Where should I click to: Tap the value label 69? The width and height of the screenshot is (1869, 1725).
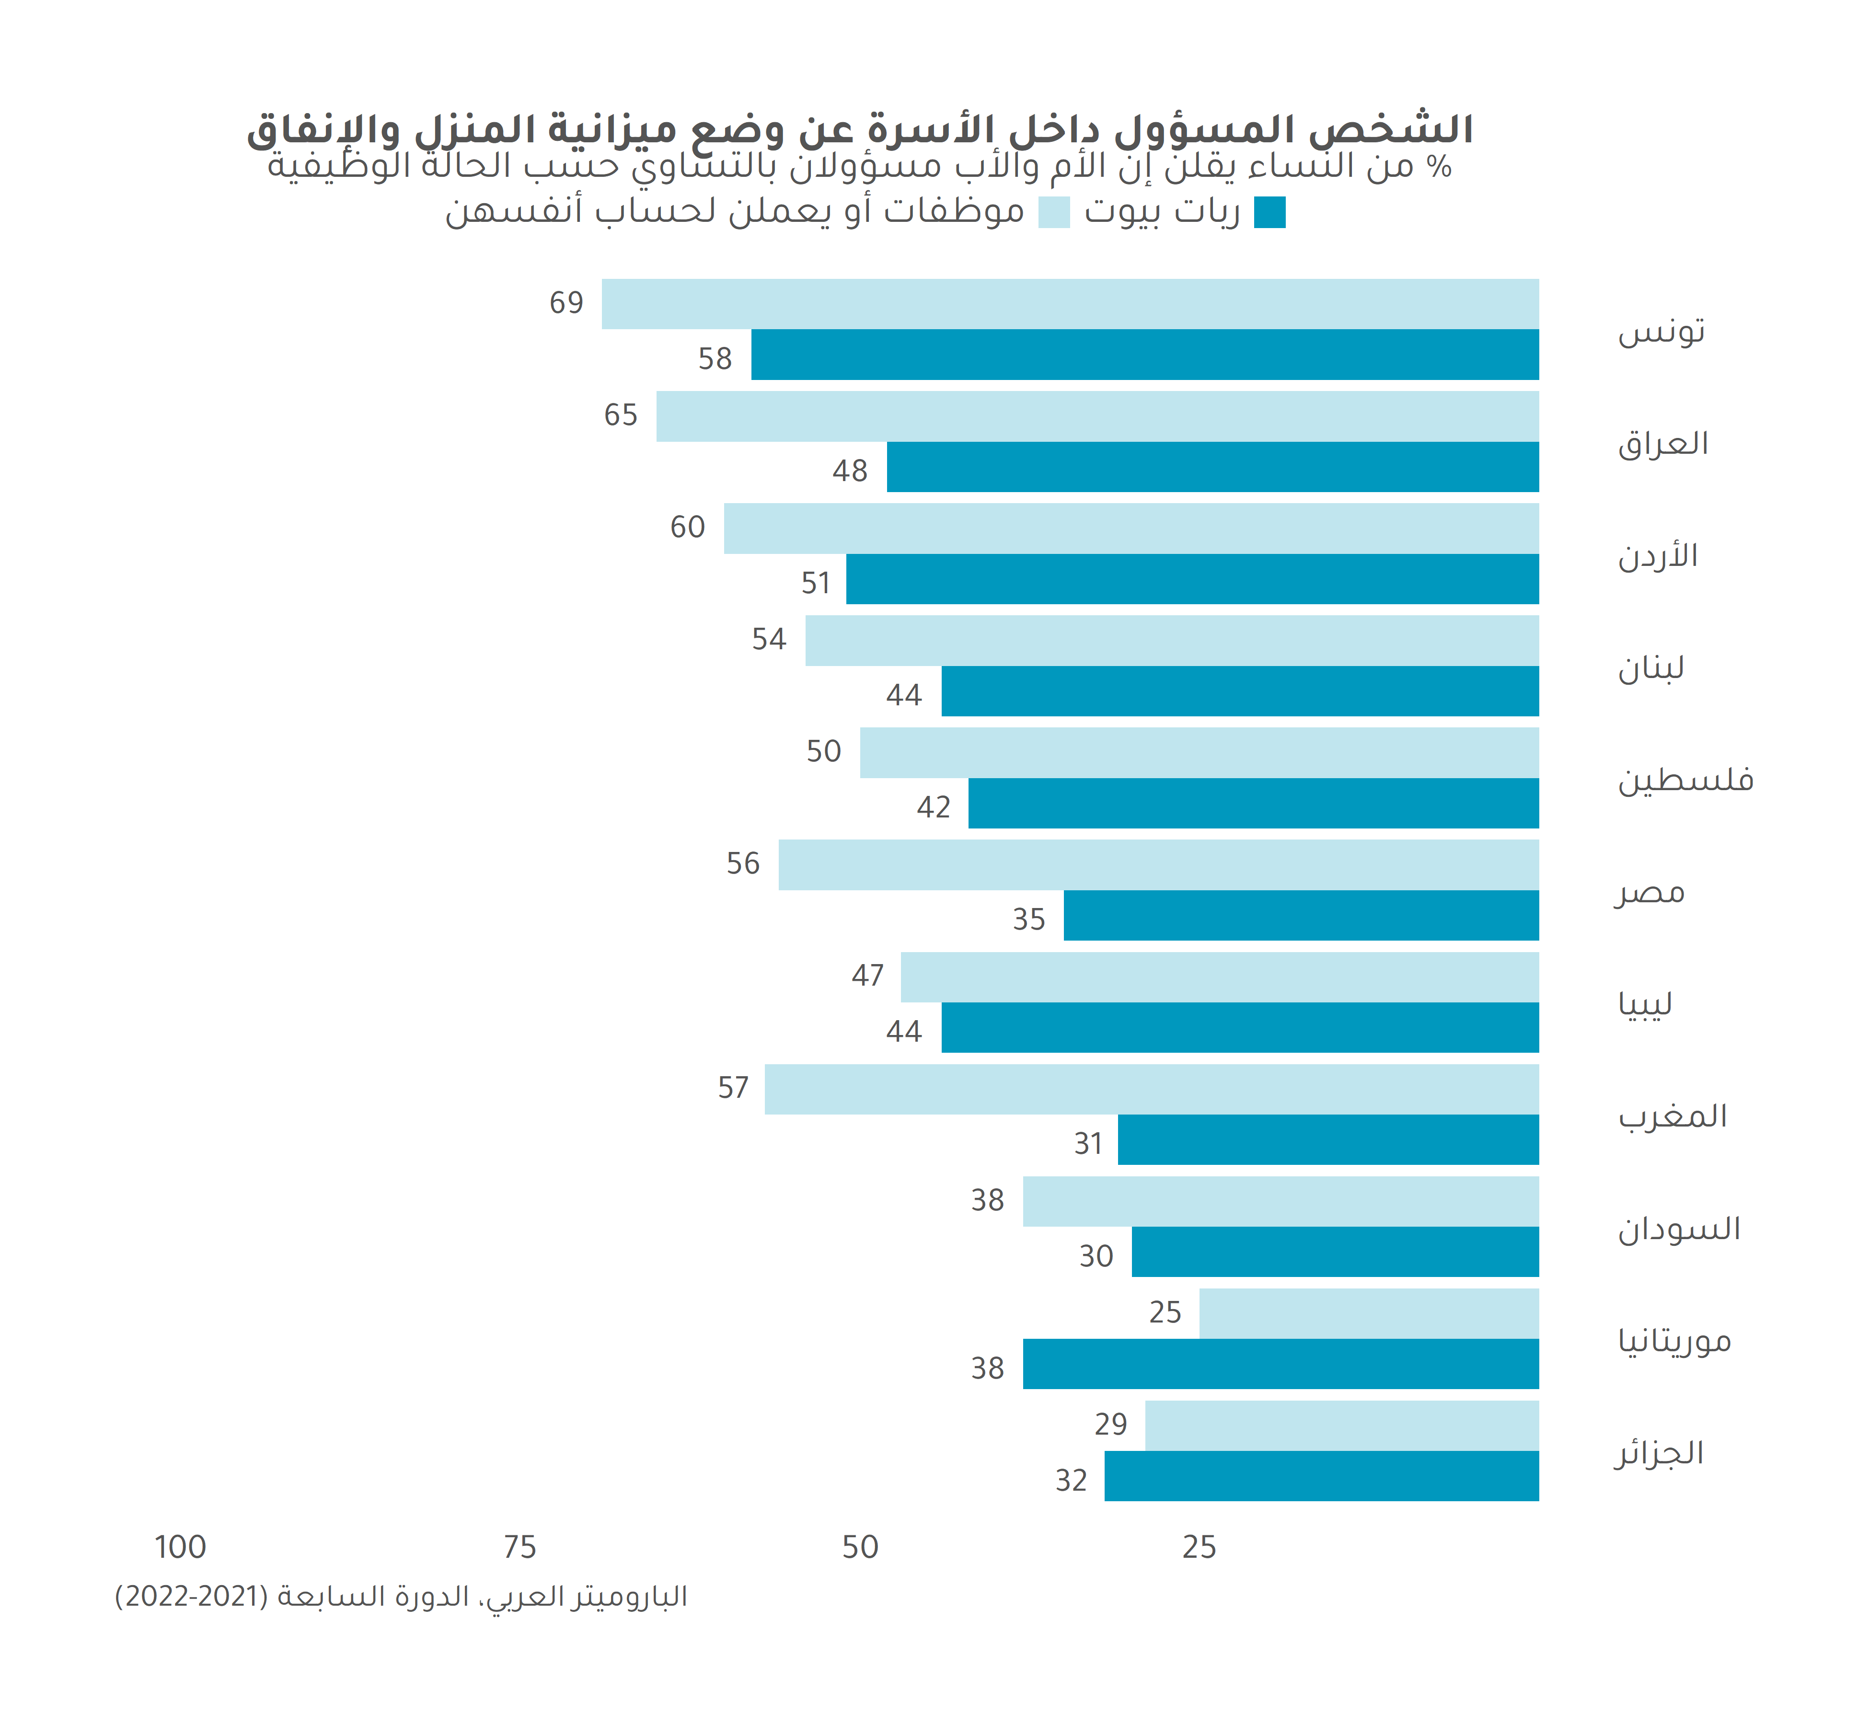[x=566, y=303]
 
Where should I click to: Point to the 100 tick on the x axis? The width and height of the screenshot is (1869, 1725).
[x=180, y=1548]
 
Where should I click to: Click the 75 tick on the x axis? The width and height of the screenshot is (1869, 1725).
[x=520, y=1548]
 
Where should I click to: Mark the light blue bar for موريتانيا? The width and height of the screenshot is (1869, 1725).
[x=1369, y=1313]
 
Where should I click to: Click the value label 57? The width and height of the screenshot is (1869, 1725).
[x=733, y=1088]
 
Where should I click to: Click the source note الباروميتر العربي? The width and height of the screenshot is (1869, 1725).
[x=402, y=1597]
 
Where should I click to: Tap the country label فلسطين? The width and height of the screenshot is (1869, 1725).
[x=1685, y=780]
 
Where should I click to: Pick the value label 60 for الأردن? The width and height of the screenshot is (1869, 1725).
[x=687, y=528]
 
